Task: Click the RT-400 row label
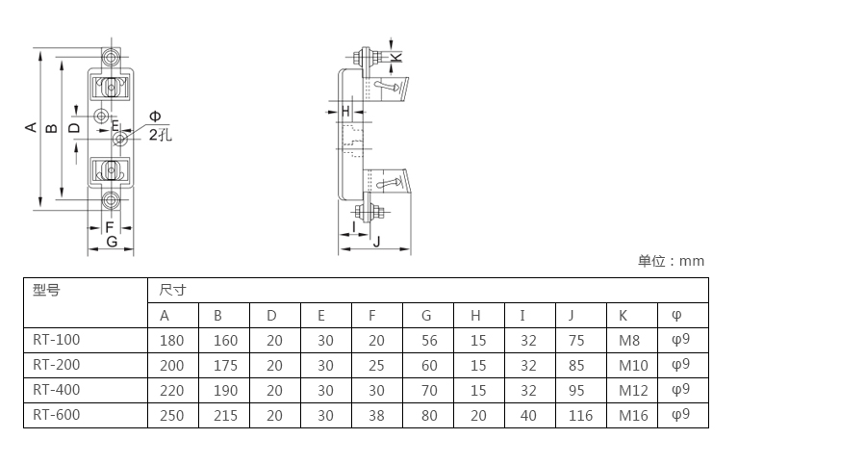pos(57,390)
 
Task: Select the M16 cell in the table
pos(633,415)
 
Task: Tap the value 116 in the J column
pos(580,415)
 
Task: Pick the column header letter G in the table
pos(426,315)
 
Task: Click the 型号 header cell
pos(46,290)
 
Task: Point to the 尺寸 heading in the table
pos(172,290)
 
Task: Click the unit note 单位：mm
pos(671,261)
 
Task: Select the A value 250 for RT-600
pos(172,415)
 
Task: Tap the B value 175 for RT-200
pos(225,366)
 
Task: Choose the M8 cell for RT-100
pos(629,340)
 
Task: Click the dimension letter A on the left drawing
pos(31,128)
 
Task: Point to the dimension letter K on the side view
pos(396,57)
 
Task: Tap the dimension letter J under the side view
pos(376,242)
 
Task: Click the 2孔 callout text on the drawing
pos(160,135)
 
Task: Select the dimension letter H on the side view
pos(345,111)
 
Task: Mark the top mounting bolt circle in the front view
pos(111,57)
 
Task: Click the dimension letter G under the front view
pos(112,242)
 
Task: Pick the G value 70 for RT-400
pos(429,390)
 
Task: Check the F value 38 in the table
pos(376,415)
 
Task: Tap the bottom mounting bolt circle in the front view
pos(111,199)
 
